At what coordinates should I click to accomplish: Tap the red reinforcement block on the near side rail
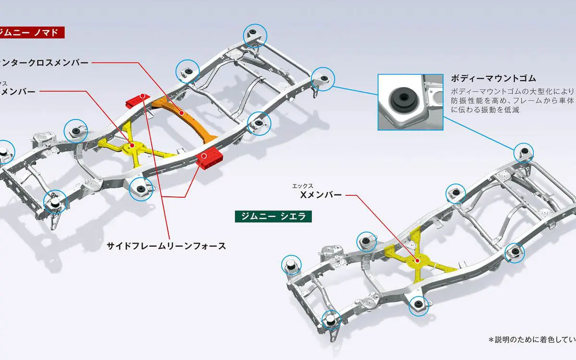(209, 158)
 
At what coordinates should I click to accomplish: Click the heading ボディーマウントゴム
(493, 78)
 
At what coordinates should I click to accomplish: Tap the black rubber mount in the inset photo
(400, 98)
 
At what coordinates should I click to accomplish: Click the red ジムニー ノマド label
(32, 33)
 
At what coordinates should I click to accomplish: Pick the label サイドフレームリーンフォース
(166, 246)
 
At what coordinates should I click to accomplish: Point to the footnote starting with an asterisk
(532, 340)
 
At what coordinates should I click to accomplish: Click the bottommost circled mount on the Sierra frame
(331, 320)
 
